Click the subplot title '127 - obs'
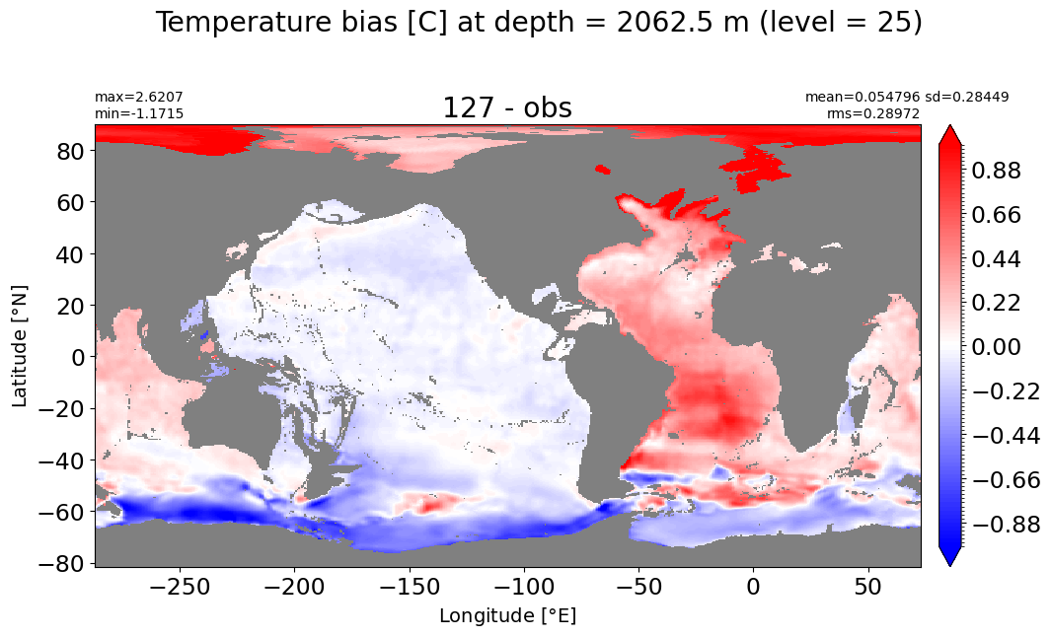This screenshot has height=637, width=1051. coord(507,107)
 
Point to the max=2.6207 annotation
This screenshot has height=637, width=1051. coord(139,98)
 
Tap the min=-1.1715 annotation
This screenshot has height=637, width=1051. coord(139,113)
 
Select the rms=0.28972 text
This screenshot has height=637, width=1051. coord(872,113)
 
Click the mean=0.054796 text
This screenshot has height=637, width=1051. coord(862,98)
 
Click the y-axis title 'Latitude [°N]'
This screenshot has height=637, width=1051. coord(20,346)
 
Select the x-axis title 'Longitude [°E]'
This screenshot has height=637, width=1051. coord(507,615)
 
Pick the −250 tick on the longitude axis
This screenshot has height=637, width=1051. coord(179,588)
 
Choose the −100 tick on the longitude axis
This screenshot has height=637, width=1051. coord(523,588)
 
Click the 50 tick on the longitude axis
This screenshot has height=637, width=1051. coord(868,588)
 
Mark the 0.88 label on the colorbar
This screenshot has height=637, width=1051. coord(996,171)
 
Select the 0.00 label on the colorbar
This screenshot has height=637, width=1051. coord(996,347)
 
